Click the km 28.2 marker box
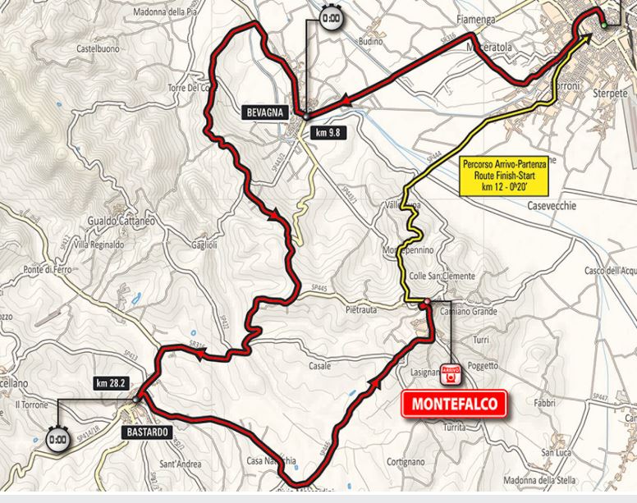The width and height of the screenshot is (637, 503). click(x=112, y=382)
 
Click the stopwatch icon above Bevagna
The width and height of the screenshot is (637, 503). click(x=332, y=18)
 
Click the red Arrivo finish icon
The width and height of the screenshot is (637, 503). click(x=449, y=374)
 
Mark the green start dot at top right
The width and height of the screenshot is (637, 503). click(x=603, y=26)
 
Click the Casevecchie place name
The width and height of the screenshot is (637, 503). click(x=558, y=206)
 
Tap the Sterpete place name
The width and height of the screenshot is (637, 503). click(x=608, y=95)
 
